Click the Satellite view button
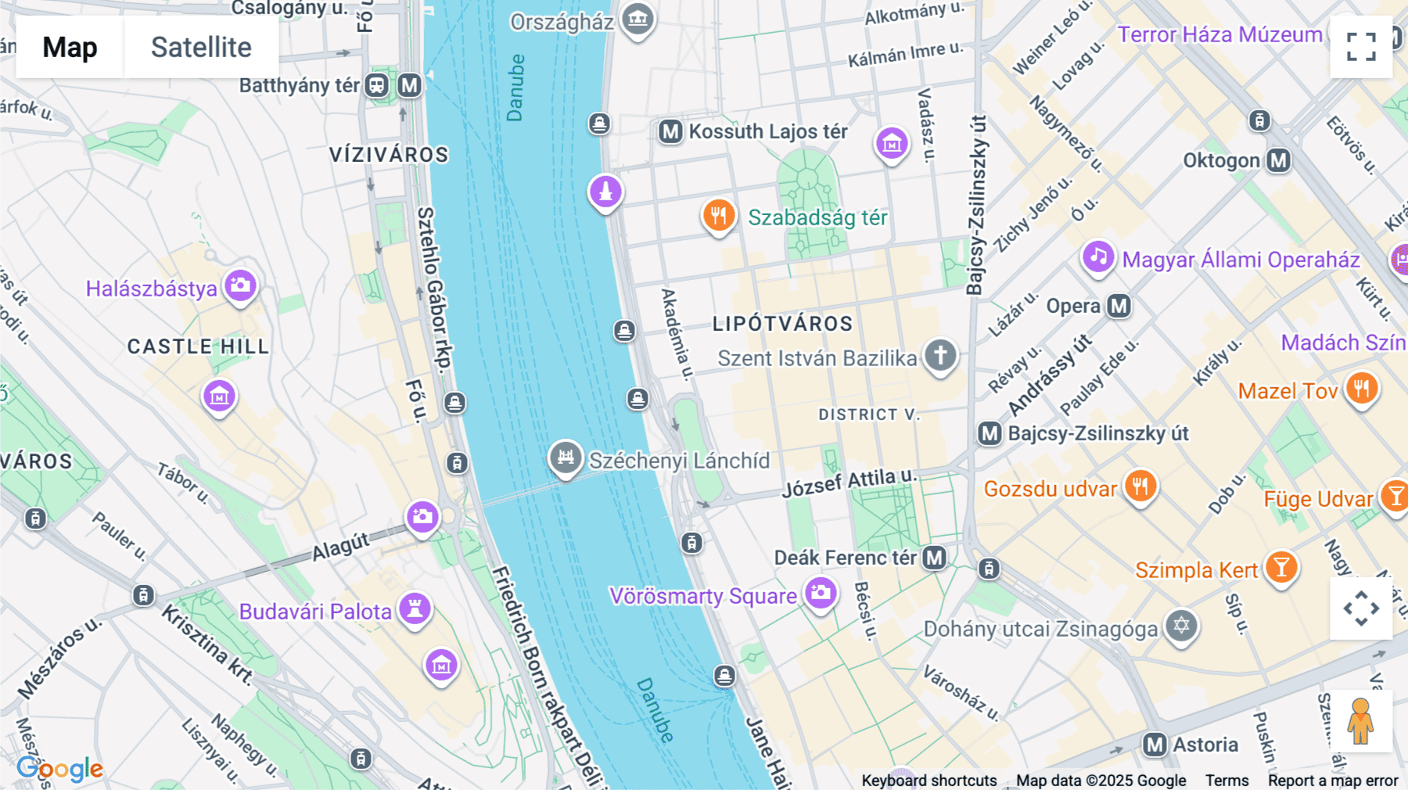pos(201,47)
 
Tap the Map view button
pos(70,47)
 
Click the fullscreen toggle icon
pos(1361,47)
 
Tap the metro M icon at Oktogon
pos(1278,160)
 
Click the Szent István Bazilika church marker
pos(940,355)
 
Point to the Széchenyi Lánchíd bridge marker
pos(566,457)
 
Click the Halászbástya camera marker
pos(240,285)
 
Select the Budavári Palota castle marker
pos(415,609)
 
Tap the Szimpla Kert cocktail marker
pos(1280,567)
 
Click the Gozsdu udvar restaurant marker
pos(1140,487)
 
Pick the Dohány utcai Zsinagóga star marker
pos(1181,626)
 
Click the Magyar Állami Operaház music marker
pos(1098,257)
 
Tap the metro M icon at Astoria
pos(1155,745)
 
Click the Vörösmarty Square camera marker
pos(821,593)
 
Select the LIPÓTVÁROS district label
pos(782,324)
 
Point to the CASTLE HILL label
pos(199,347)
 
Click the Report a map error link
pos(1333,781)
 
